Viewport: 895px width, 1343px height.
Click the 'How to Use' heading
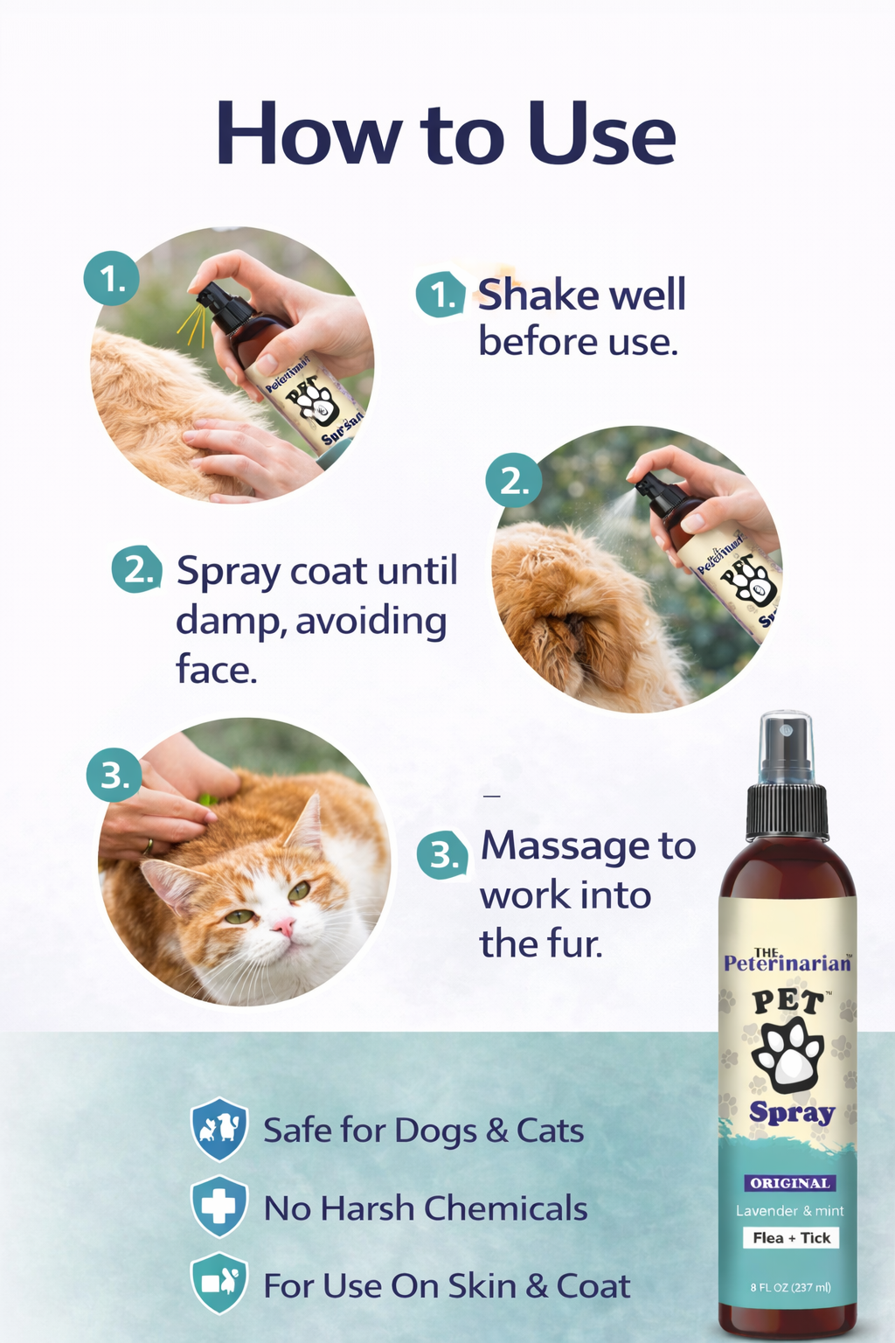click(446, 135)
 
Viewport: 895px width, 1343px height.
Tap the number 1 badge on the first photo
click(111, 279)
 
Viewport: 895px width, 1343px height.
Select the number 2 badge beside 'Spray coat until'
click(137, 569)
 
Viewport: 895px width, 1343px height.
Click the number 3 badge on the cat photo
click(114, 775)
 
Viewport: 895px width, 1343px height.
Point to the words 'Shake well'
click(581, 295)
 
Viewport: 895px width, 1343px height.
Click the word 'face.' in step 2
click(217, 670)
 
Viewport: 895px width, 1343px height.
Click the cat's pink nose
click(283, 926)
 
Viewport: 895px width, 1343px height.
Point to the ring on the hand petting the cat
click(148, 845)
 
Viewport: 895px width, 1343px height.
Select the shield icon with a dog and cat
click(219, 1129)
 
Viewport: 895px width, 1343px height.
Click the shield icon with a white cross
click(219, 1207)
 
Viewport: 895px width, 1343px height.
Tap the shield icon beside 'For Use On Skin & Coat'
click(219, 1284)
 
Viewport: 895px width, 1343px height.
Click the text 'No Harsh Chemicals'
click(426, 1208)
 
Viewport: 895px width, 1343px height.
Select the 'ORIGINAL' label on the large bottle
click(789, 1183)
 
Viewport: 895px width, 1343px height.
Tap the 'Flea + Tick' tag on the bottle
click(791, 1237)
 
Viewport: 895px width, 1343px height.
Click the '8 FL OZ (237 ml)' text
click(790, 1287)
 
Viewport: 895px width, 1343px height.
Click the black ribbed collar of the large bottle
click(787, 811)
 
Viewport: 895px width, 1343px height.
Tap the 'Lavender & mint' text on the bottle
click(789, 1211)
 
